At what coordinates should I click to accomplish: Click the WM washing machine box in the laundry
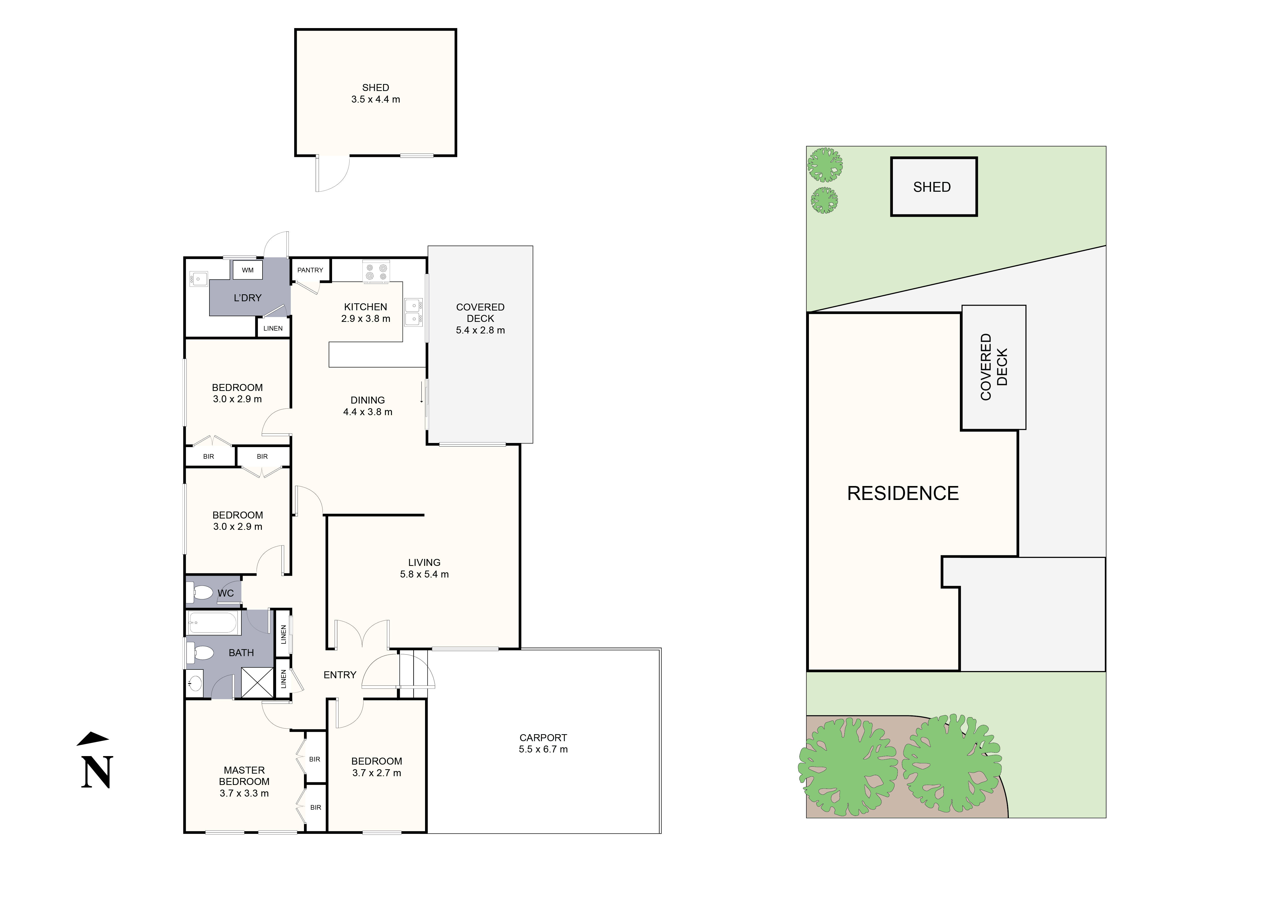[x=248, y=270]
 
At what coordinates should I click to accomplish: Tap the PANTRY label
[x=310, y=270]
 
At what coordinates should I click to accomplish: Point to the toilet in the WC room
[x=200, y=592]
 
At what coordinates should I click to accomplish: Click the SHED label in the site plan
[x=932, y=187]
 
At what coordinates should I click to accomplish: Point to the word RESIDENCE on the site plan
[x=903, y=493]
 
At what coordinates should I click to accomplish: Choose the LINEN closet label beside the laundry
[x=273, y=328]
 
